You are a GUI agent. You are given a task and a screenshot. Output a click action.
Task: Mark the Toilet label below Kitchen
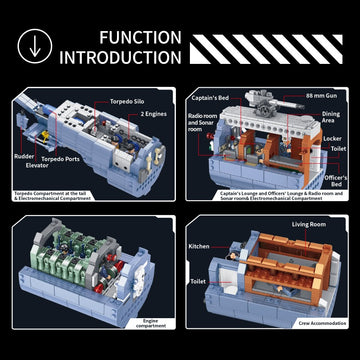[x=200, y=283]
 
